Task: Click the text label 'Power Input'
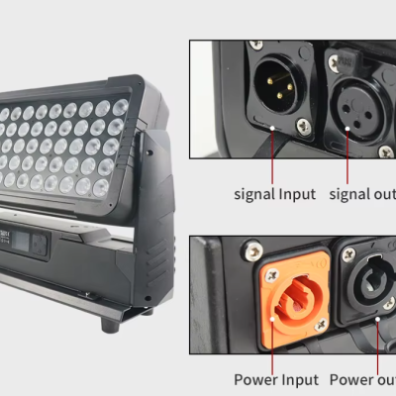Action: click(x=276, y=379)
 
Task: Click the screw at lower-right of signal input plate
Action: click(x=304, y=126)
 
